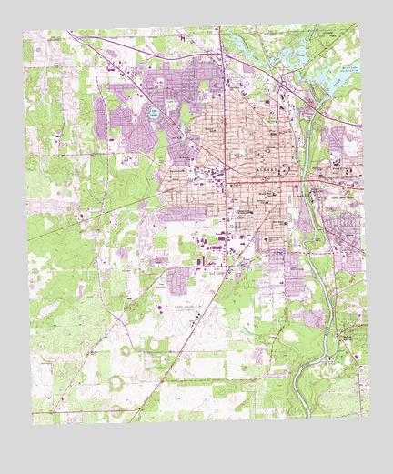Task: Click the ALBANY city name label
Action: pos(272,169)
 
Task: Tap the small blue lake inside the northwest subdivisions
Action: pos(154,115)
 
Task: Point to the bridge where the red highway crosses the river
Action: pos(308,187)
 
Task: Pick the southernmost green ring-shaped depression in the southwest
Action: pos(116,383)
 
